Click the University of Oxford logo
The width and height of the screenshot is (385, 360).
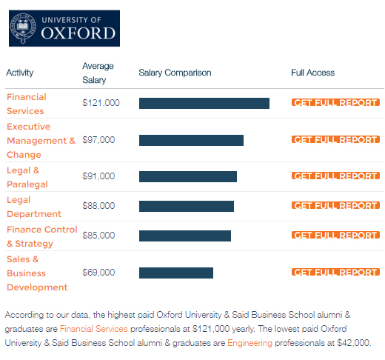[x=64, y=28]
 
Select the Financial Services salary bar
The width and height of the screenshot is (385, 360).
[x=204, y=103]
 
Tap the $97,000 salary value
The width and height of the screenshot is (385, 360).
[x=98, y=140]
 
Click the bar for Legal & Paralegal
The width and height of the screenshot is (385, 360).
[x=188, y=176]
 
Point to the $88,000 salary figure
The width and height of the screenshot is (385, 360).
[x=98, y=206]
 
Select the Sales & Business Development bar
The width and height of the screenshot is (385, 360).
[x=176, y=273]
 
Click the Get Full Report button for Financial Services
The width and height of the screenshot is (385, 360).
[x=335, y=102]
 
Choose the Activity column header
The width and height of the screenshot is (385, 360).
[x=20, y=73]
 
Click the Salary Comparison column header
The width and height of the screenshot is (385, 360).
[x=175, y=73]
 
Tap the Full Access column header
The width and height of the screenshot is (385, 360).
[x=312, y=73]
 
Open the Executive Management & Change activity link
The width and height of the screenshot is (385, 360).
[x=41, y=141]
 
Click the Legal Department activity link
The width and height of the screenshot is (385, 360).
[x=34, y=207]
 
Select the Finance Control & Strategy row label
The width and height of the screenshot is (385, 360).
[x=42, y=236]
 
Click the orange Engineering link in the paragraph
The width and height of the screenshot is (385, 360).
[x=250, y=343]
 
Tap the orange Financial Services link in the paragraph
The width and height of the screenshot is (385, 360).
[x=94, y=329]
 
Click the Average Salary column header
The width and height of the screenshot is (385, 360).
[x=98, y=73]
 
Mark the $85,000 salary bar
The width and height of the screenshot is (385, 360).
[x=185, y=236]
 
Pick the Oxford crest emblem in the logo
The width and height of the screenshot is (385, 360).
[x=23, y=28]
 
